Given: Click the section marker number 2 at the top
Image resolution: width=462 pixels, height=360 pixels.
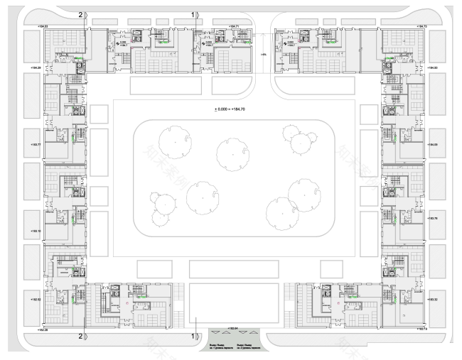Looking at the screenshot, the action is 80,13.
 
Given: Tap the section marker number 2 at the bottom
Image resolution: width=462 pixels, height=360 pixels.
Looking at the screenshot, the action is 80,335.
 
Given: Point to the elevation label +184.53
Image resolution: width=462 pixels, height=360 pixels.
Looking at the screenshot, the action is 31,26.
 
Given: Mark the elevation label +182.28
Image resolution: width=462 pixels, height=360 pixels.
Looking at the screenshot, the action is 31,329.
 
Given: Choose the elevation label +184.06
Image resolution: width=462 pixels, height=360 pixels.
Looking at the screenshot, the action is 431,145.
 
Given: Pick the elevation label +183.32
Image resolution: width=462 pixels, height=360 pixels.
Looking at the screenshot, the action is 431,300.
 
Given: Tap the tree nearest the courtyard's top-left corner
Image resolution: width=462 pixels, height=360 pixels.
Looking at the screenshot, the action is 172,141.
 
